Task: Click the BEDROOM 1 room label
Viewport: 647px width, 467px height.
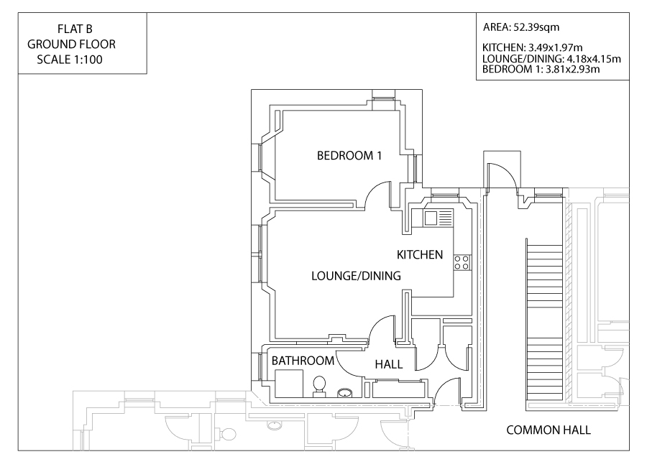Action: pos(349,156)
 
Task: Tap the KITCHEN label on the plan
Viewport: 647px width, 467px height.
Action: pos(420,255)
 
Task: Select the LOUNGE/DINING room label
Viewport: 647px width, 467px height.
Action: pos(355,276)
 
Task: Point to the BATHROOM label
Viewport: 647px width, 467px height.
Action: pos(302,360)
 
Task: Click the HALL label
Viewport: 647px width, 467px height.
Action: pos(389,365)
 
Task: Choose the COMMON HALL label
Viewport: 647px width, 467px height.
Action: pos(549,430)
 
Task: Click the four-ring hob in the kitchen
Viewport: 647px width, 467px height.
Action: pos(462,263)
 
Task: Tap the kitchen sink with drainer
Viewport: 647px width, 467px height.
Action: pos(438,217)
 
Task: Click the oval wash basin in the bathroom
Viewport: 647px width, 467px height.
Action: pos(346,392)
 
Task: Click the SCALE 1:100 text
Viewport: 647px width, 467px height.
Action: pos(70,60)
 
